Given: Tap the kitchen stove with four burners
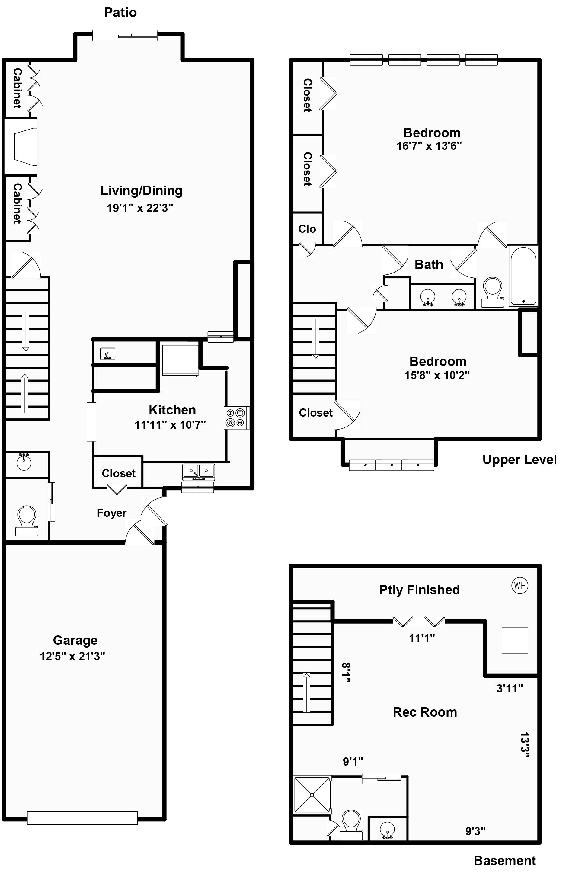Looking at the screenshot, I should (236, 417).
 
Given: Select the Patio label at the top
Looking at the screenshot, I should (120, 12).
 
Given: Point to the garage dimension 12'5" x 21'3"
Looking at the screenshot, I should (72, 656).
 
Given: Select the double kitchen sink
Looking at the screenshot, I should (199, 472).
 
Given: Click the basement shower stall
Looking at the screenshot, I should (312, 795).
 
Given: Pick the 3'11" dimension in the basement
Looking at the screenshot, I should (509, 688).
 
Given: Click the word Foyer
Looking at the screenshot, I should (112, 513).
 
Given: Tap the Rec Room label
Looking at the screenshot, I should (425, 712).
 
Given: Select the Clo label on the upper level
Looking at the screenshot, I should (307, 229).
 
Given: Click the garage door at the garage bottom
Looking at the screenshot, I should (82, 818).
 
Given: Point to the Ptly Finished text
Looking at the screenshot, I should (419, 590).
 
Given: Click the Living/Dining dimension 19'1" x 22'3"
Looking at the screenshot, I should (140, 208).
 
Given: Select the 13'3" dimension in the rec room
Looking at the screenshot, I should (525, 745).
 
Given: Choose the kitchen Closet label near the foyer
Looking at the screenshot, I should (118, 473).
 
